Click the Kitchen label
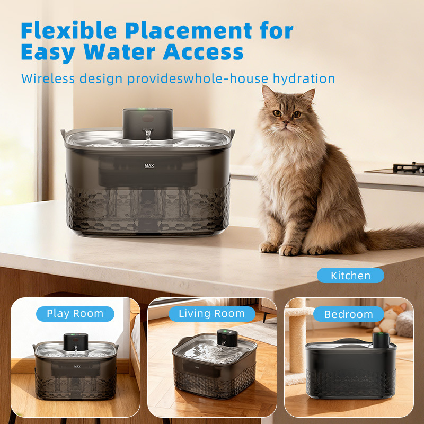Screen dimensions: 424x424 (350, 275)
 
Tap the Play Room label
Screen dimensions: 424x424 (75, 314)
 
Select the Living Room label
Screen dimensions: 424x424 (211, 314)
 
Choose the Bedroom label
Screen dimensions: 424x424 (349, 314)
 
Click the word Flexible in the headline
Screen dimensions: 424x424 (69, 31)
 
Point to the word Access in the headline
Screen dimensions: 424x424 (203, 51)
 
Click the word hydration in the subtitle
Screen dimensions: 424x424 (304, 78)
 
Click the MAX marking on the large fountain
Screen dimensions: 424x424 (149, 166)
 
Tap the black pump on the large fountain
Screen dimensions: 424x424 (148, 123)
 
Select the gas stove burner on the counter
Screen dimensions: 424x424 (407, 169)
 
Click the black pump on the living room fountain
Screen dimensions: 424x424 (227, 338)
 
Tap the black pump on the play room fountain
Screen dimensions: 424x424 (76, 342)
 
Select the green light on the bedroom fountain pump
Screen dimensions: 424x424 (381, 333)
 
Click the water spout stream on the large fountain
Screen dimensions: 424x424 (148, 137)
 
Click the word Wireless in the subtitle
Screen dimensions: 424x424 (48, 78)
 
